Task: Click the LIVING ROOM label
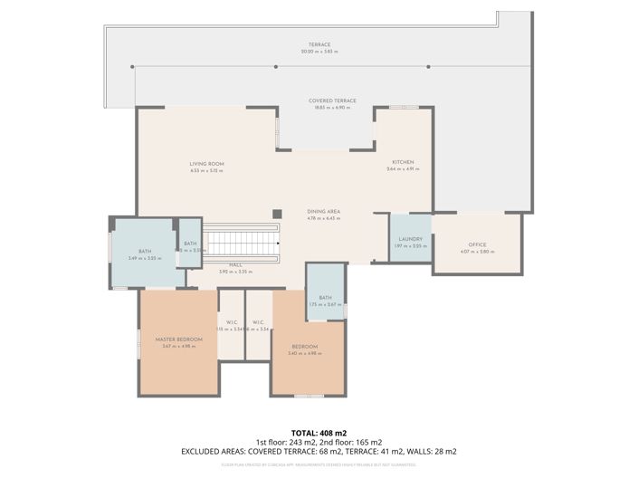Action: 207,164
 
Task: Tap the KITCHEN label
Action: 403,163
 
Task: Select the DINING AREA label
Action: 323,211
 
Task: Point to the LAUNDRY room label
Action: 410,240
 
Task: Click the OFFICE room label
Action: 477,244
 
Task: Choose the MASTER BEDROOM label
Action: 176,339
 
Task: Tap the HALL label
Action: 235,265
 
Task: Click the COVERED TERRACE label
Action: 332,100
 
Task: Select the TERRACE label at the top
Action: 319,44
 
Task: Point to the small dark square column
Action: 277,214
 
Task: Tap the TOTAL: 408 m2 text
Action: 319,434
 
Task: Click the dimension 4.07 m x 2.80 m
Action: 477,252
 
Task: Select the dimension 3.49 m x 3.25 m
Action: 145,259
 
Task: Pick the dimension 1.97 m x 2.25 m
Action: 410,247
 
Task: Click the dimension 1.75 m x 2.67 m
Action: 325,305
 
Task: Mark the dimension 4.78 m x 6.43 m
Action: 323,218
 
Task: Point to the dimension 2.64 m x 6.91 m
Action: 403,170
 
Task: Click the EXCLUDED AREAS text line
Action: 319,451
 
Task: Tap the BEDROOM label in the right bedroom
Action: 304,347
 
